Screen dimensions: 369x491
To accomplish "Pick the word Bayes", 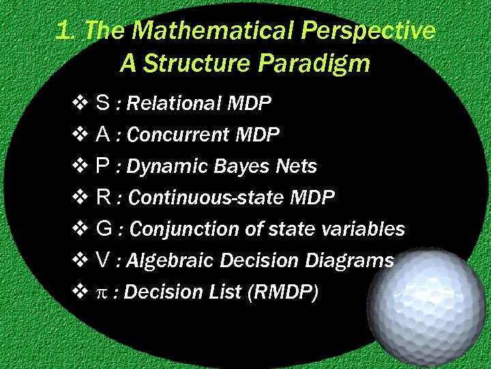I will pos(238,167).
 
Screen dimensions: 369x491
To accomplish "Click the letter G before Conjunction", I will pos(104,229).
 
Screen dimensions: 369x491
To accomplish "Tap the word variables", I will pos(366,230).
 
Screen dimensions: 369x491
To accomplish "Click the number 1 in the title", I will pos(63,31).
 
